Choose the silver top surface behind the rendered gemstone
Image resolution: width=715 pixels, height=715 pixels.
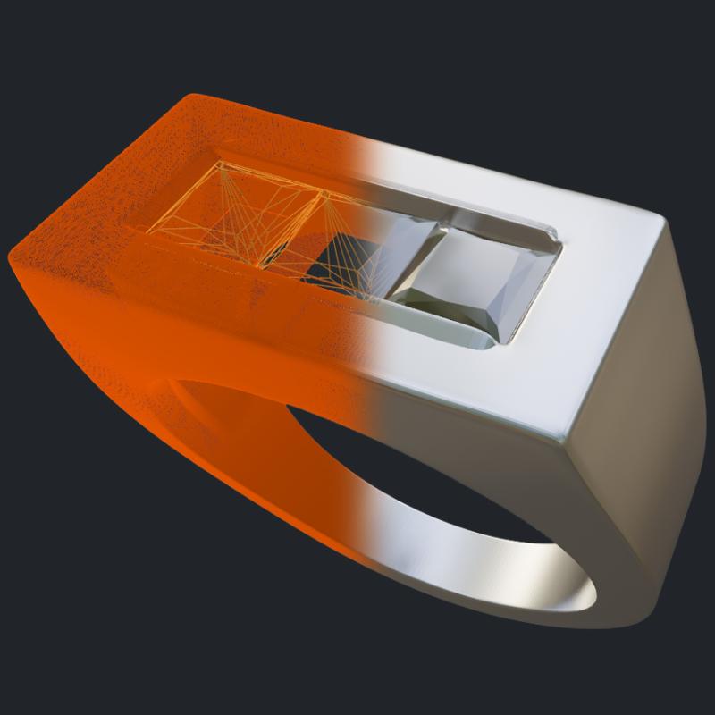[536, 197]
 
